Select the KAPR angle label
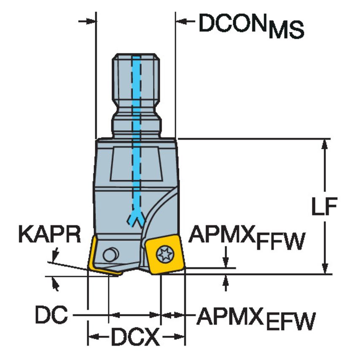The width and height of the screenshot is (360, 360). click(x=49, y=235)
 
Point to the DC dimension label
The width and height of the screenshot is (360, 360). click(x=51, y=315)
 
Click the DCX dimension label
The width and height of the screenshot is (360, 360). click(x=135, y=337)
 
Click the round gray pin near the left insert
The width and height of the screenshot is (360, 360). click(x=111, y=255)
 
